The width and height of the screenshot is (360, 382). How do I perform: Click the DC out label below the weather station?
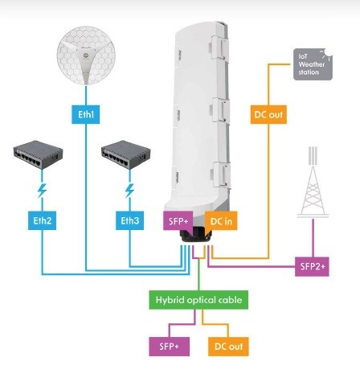click(x=268, y=114)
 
